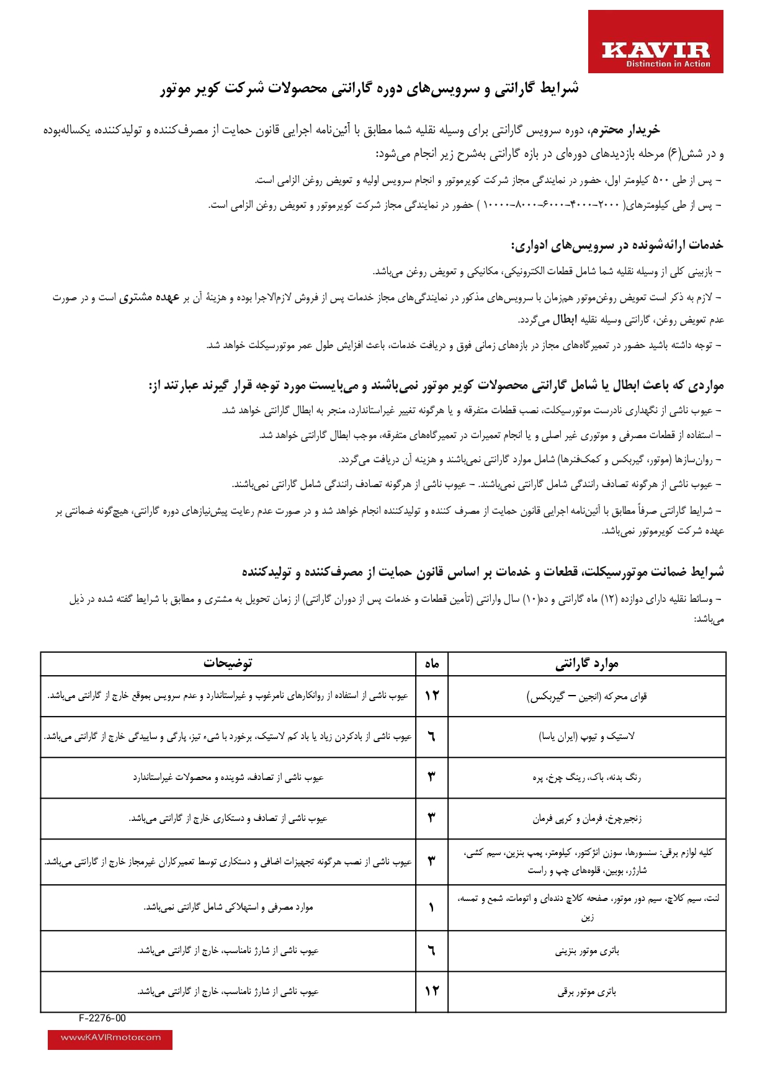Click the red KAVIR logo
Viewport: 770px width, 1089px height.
point(655,42)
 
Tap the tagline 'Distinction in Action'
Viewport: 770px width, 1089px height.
point(668,64)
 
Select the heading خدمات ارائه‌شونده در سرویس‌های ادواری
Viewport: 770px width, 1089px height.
point(617,245)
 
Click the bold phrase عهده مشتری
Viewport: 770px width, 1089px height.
point(149,298)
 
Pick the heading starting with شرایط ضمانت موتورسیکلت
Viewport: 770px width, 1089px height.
point(483,571)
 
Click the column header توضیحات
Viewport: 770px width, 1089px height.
point(228,663)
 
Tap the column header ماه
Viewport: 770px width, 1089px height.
point(432,664)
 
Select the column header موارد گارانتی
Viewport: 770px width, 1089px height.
point(587,664)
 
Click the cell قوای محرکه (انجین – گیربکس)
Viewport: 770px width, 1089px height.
point(587,696)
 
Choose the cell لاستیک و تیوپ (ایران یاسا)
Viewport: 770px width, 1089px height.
point(587,737)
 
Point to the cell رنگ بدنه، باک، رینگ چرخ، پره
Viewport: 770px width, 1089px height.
point(587,778)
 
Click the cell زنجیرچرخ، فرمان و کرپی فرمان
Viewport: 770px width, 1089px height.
point(587,818)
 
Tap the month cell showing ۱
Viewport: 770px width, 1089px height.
point(432,907)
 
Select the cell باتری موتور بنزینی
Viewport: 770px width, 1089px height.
point(587,951)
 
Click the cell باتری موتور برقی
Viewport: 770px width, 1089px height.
point(587,992)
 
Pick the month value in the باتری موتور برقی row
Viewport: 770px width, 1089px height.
point(432,992)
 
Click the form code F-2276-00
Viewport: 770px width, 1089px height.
point(102,1018)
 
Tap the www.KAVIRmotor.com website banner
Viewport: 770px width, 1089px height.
point(110,1037)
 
